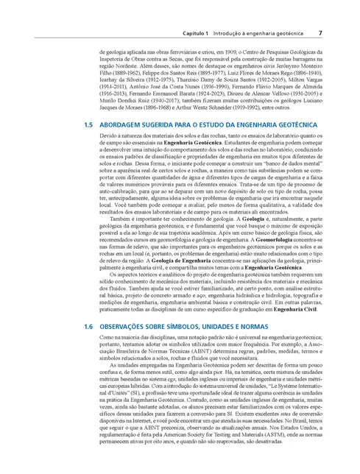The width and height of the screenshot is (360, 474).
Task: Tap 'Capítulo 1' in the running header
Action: tap(197, 34)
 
